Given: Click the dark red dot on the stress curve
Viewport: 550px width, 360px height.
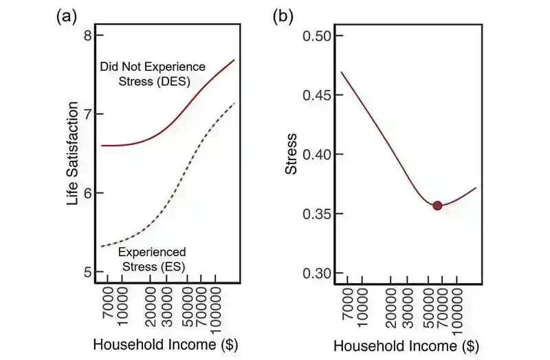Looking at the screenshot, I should [x=437, y=205].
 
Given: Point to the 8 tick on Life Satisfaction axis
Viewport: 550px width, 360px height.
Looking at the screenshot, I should [x=88, y=35].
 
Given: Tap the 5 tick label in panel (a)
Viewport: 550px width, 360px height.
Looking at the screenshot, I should [x=88, y=272].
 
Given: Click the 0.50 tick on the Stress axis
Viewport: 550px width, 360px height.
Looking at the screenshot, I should [x=318, y=36].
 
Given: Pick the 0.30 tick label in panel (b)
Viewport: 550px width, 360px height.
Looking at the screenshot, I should [x=318, y=273].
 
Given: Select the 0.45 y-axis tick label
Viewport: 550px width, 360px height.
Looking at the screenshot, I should [x=318, y=95].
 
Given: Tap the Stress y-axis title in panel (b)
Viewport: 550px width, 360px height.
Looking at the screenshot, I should [x=292, y=155].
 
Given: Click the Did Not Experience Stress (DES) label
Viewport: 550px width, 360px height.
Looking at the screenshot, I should [x=153, y=74].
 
